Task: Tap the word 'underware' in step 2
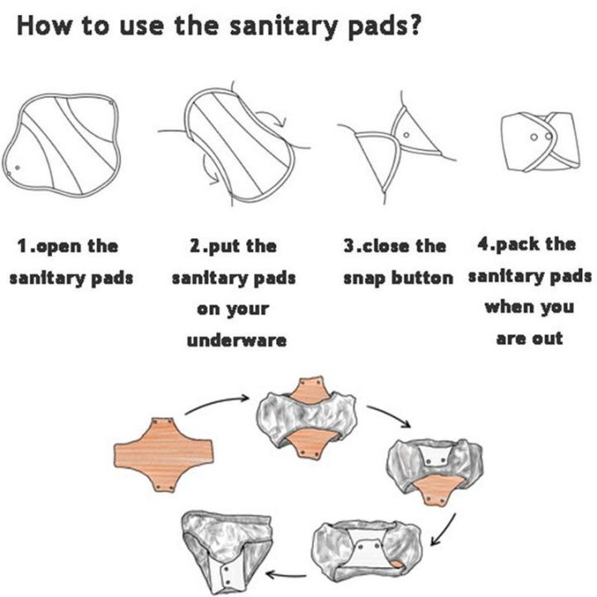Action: coord(236,340)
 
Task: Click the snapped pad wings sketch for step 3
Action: coord(395,148)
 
